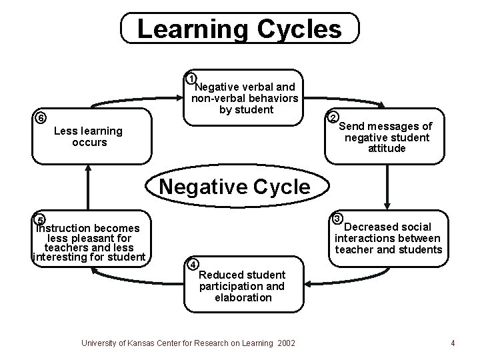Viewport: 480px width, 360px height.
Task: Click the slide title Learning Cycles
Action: pos(239,29)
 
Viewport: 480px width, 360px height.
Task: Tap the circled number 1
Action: pos(191,77)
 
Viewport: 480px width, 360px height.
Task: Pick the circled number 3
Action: pos(337,219)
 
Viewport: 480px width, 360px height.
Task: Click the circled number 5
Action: pos(40,221)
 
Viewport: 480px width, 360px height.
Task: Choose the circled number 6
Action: pos(41,118)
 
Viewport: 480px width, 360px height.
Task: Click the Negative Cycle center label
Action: pos(235,186)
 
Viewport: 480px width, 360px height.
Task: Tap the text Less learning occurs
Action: pos(88,137)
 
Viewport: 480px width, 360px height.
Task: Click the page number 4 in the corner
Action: pos(453,343)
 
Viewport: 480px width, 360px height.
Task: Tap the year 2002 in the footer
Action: pos(285,343)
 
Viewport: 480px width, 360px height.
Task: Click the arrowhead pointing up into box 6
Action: pos(87,169)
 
